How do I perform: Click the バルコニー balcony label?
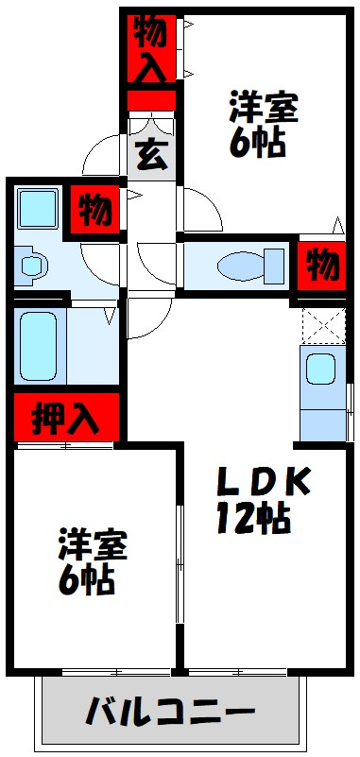coord(172,710)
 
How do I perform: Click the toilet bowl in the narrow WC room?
coord(242,265)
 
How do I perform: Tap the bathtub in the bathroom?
coord(39,345)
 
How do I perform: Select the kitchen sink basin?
coord(319,369)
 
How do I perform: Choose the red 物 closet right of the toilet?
coord(322,265)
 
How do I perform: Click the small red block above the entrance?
coord(151,98)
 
